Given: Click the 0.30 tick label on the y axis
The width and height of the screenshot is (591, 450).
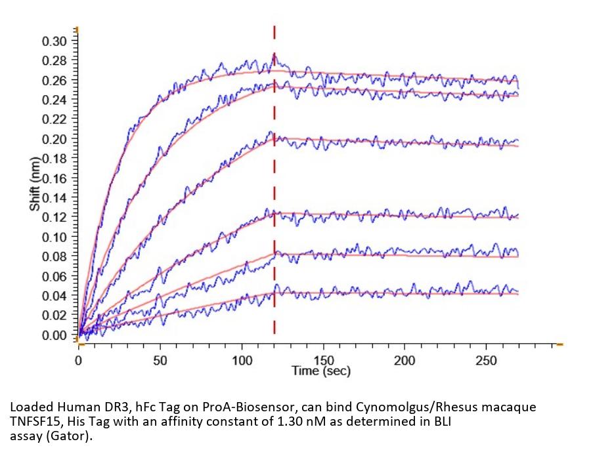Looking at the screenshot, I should [55, 41].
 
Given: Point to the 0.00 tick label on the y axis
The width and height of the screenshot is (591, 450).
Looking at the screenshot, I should [55, 335].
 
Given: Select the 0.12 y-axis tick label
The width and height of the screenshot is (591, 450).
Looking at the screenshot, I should [55, 218].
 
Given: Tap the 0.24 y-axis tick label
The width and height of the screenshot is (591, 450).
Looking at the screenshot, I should [55, 100].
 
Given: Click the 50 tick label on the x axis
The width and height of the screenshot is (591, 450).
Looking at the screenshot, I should [160, 360].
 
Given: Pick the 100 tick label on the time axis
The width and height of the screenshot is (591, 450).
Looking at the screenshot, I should [242, 360].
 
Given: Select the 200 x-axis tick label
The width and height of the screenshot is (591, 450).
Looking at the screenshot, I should [405, 360].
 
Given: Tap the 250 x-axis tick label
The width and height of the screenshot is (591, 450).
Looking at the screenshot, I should [486, 360].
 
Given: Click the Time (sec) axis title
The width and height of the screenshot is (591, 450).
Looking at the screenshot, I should [320, 371].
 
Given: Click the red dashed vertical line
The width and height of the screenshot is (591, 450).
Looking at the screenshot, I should [274, 197].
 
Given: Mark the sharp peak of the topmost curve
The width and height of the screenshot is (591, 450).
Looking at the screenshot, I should [274, 55].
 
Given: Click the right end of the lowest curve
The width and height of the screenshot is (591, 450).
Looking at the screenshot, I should [518, 293].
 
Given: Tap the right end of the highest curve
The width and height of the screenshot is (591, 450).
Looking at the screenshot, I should [518, 85].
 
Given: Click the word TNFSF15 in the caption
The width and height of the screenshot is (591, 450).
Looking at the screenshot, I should [33, 421].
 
